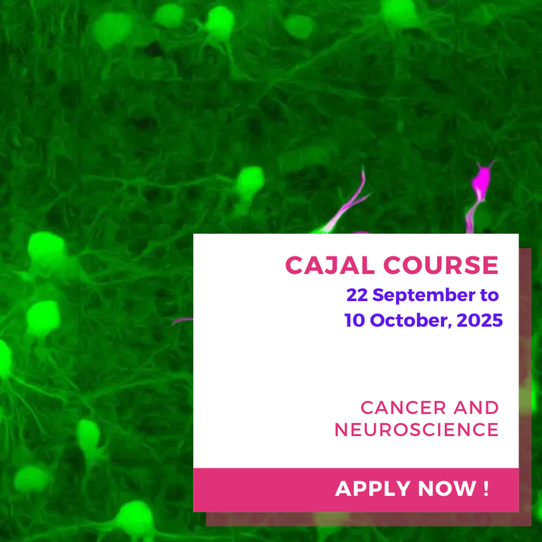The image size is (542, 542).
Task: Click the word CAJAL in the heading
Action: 330,265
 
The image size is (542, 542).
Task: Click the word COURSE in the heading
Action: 441,265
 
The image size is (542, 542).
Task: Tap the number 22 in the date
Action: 357,295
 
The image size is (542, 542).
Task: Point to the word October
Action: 411,320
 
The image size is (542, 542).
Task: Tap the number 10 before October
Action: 355,320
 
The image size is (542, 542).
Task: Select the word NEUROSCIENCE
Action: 417,430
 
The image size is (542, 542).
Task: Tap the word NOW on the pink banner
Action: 447,489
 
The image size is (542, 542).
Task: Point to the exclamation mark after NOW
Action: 486,489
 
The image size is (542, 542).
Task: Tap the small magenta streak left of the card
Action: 182,321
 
